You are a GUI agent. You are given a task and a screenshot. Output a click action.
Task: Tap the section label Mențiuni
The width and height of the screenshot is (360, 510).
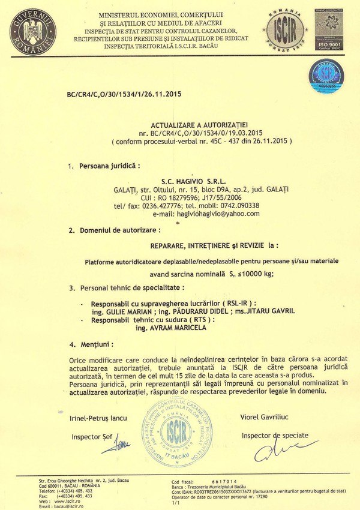[x=97, y=345]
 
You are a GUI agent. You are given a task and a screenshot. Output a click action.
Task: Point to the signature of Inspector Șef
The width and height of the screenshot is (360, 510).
[x=122, y=443]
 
